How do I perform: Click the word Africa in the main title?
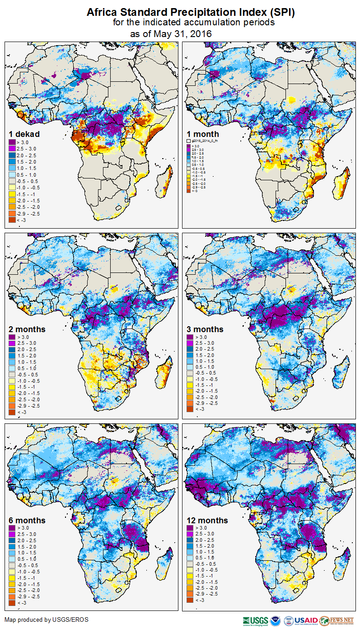tap(104, 13)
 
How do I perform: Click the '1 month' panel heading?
tap(203, 134)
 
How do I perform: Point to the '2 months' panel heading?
tap(27, 329)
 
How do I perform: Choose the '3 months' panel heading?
tap(205, 329)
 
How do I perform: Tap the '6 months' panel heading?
tap(27, 521)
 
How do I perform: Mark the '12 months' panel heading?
tap(207, 521)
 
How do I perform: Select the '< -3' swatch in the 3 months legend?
tap(190, 409)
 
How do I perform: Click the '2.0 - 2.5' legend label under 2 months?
tap(28, 349)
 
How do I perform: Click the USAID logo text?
tap(307, 620)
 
